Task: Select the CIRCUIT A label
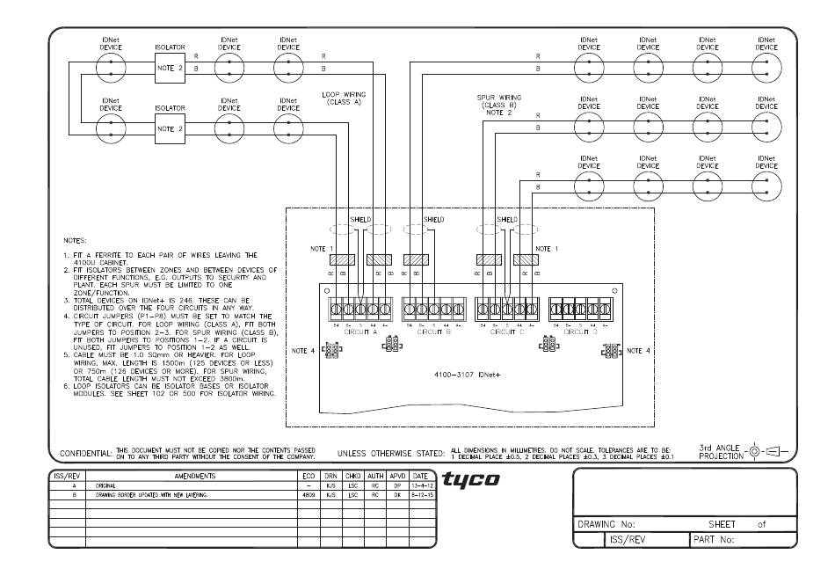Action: coord(362,334)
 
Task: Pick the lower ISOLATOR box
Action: coord(171,128)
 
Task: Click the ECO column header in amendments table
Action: coord(308,475)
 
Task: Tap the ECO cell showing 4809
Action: coord(308,495)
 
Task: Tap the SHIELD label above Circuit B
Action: coord(434,219)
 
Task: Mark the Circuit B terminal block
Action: coord(434,310)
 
